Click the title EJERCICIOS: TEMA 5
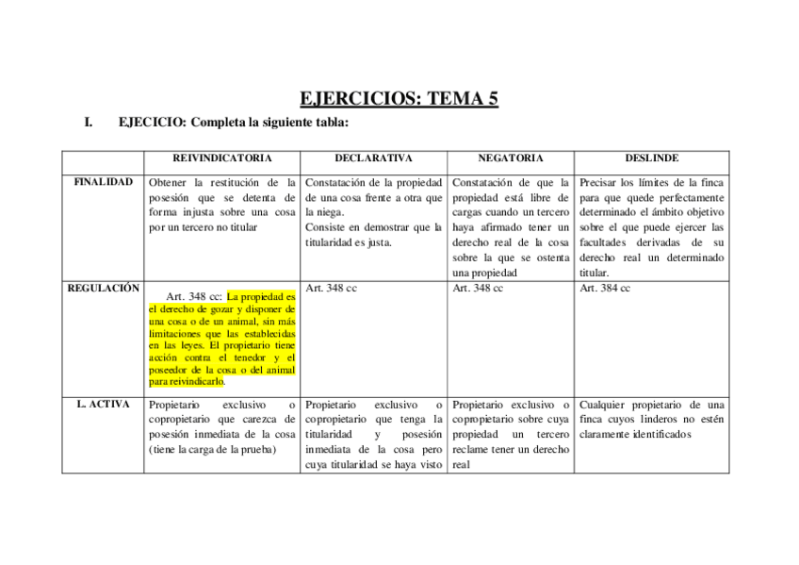point(399,98)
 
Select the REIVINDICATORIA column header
point(222,158)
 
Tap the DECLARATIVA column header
point(373,158)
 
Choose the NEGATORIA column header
point(510,158)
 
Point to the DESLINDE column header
point(651,158)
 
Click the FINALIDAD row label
point(103,181)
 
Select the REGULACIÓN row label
point(103,288)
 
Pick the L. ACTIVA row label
point(103,404)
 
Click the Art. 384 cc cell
point(605,288)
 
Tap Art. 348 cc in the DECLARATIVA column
point(331,288)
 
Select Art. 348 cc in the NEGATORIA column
point(478,288)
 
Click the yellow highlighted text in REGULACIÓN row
point(222,340)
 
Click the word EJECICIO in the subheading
point(148,123)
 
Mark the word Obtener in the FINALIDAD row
point(168,182)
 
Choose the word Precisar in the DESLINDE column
point(602,182)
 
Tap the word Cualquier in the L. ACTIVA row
point(607,405)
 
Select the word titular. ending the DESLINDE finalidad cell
point(595,273)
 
